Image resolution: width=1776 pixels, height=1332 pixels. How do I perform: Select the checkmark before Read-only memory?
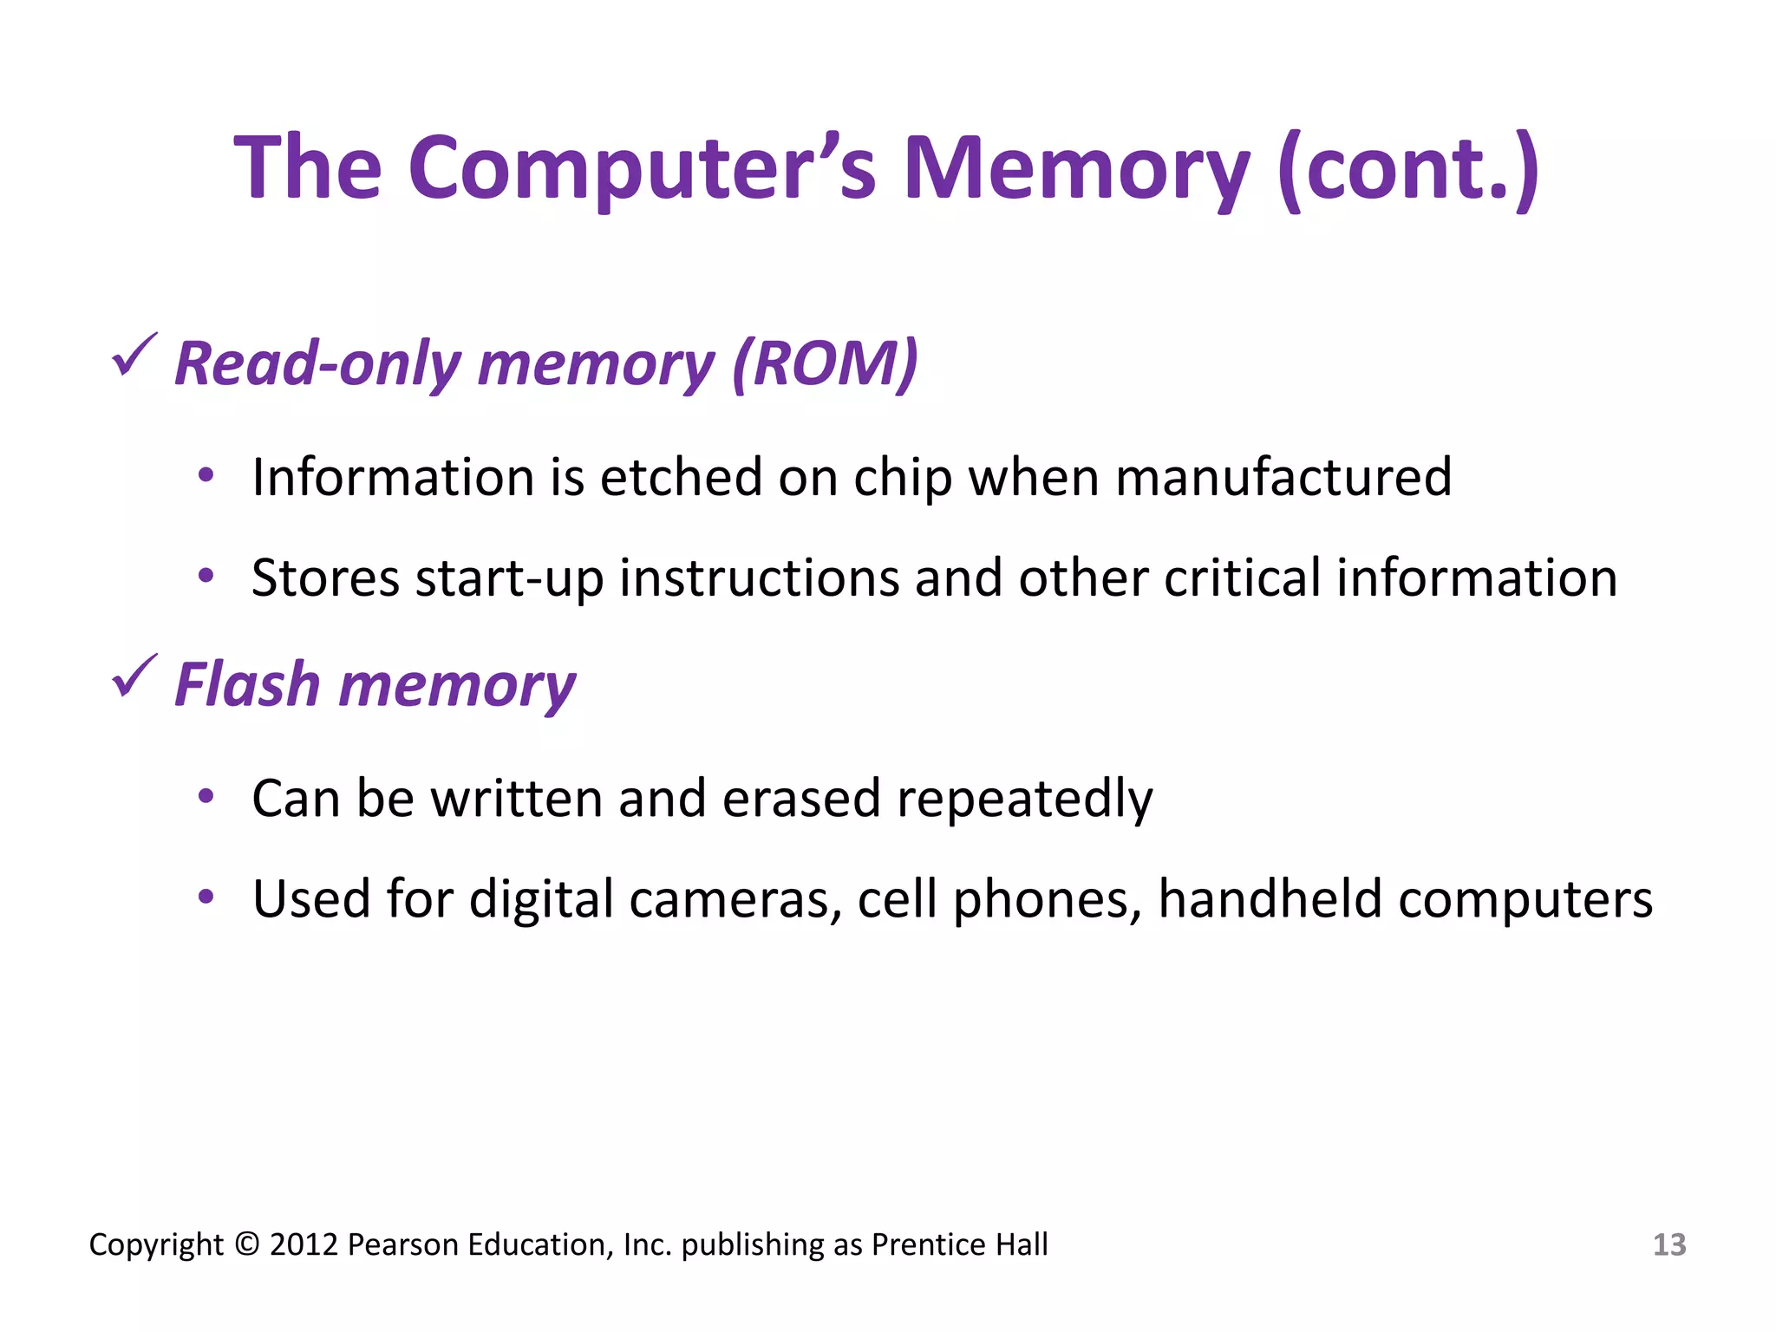tap(134, 356)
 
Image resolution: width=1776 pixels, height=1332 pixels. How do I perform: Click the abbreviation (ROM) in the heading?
tap(825, 364)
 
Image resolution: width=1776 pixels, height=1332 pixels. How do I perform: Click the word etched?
tap(681, 477)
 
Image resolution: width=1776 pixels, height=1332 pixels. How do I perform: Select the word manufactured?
tap(1283, 477)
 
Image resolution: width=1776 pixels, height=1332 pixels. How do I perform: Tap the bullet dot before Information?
tap(206, 475)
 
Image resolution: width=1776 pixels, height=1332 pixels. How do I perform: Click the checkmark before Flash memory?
tap(134, 676)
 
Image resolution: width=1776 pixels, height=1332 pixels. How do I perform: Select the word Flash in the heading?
tap(247, 685)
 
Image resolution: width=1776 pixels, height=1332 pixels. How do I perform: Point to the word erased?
tap(800, 798)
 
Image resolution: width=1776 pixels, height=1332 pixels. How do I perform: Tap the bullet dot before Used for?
tap(206, 897)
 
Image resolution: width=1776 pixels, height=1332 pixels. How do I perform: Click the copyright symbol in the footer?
tap(247, 1244)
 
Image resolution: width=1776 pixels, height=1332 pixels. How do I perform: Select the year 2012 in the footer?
tap(304, 1244)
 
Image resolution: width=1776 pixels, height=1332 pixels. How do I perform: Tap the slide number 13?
tap(1668, 1244)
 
